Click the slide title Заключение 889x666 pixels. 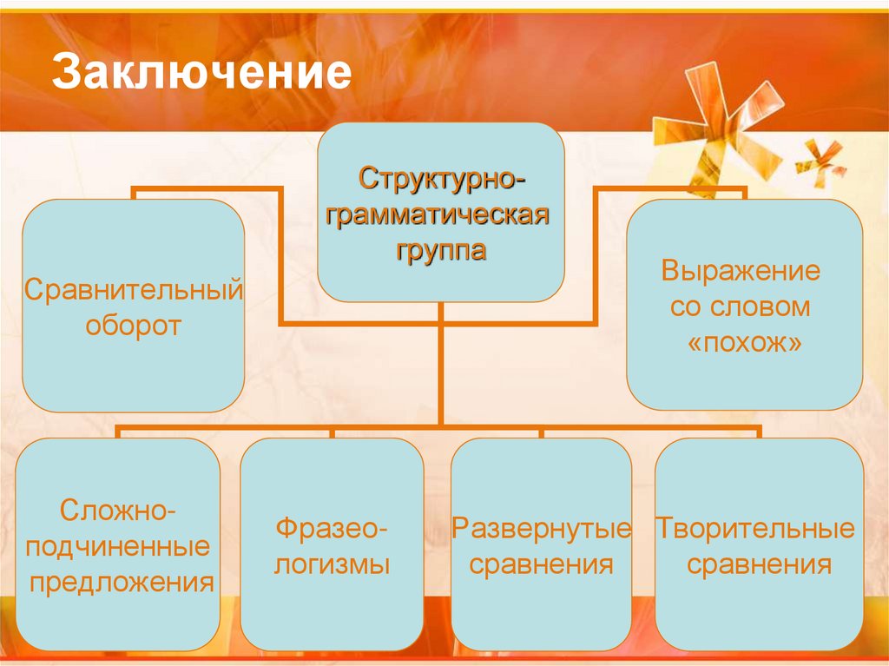(x=201, y=73)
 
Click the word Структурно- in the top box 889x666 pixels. (x=442, y=181)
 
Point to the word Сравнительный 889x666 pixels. (x=133, y=288)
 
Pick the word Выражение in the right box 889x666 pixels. (x=741, y=270)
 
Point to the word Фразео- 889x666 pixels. (x=332, y=529)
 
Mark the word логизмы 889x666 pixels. (x=332, y=565)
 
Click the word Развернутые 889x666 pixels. (x=542, y=529)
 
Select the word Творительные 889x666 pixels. (x=754, y=529)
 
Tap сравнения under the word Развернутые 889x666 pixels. (x=542, y=565)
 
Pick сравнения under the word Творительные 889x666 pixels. (x=759, y=565)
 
